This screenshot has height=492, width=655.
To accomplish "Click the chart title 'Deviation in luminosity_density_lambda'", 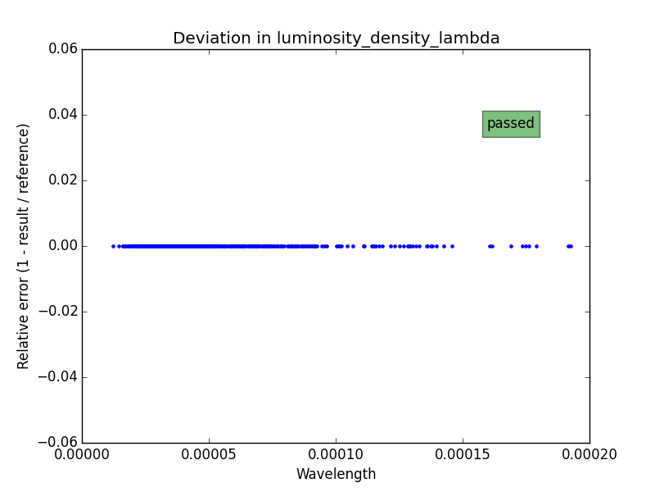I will point(336,39).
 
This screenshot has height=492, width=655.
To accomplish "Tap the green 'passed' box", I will point(510,124).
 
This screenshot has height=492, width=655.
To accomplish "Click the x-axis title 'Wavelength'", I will point(336,474).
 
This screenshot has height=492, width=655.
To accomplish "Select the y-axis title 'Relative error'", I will point(24,246).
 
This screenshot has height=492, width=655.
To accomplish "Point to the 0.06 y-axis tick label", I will point(63,49).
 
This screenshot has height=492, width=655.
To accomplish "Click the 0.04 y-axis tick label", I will point(63,115).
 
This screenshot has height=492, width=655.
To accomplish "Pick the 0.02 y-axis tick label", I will point(63,180).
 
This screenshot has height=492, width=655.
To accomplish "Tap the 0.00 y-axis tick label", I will point(63,246).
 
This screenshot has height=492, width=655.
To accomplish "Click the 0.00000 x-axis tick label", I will point(82,454).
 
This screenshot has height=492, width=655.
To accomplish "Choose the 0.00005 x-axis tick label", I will point(209,454).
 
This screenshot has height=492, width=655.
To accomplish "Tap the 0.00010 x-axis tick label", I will point(336,454).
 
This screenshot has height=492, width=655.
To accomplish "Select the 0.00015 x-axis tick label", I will point(463,454).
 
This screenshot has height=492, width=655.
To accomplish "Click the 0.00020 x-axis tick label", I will point(589,454).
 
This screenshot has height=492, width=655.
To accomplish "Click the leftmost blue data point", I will point(113,246).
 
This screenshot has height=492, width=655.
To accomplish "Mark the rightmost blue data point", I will point(571,246).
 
